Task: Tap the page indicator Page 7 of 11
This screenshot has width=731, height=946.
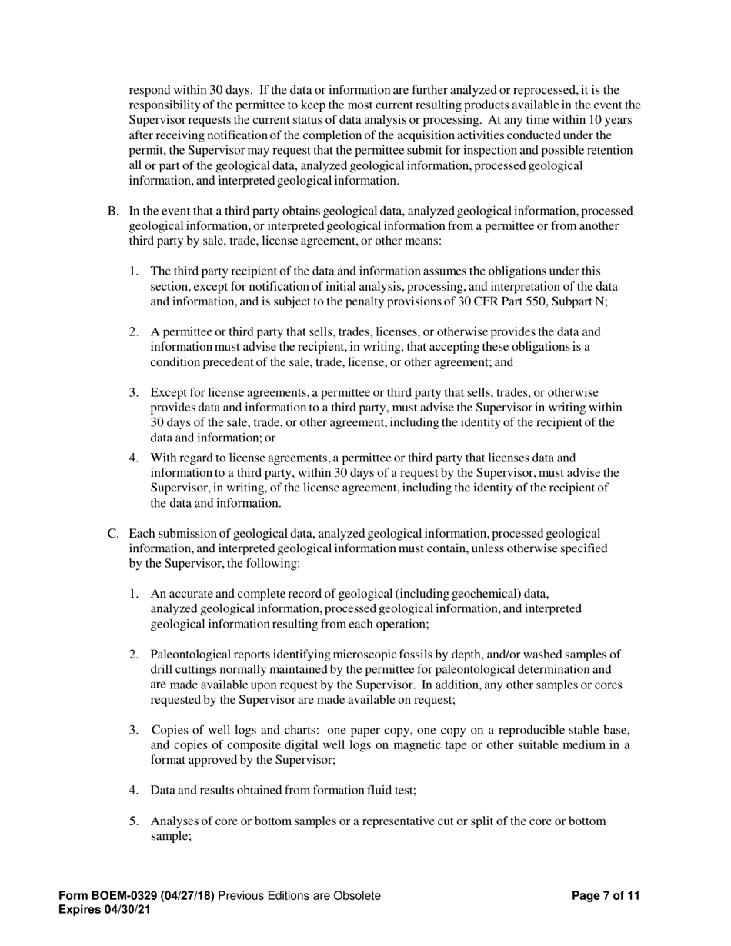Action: click(x=606, y=895)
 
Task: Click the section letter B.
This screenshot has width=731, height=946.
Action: click(x=112, y=211)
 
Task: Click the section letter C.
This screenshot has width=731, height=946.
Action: click(x=112, y=534)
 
